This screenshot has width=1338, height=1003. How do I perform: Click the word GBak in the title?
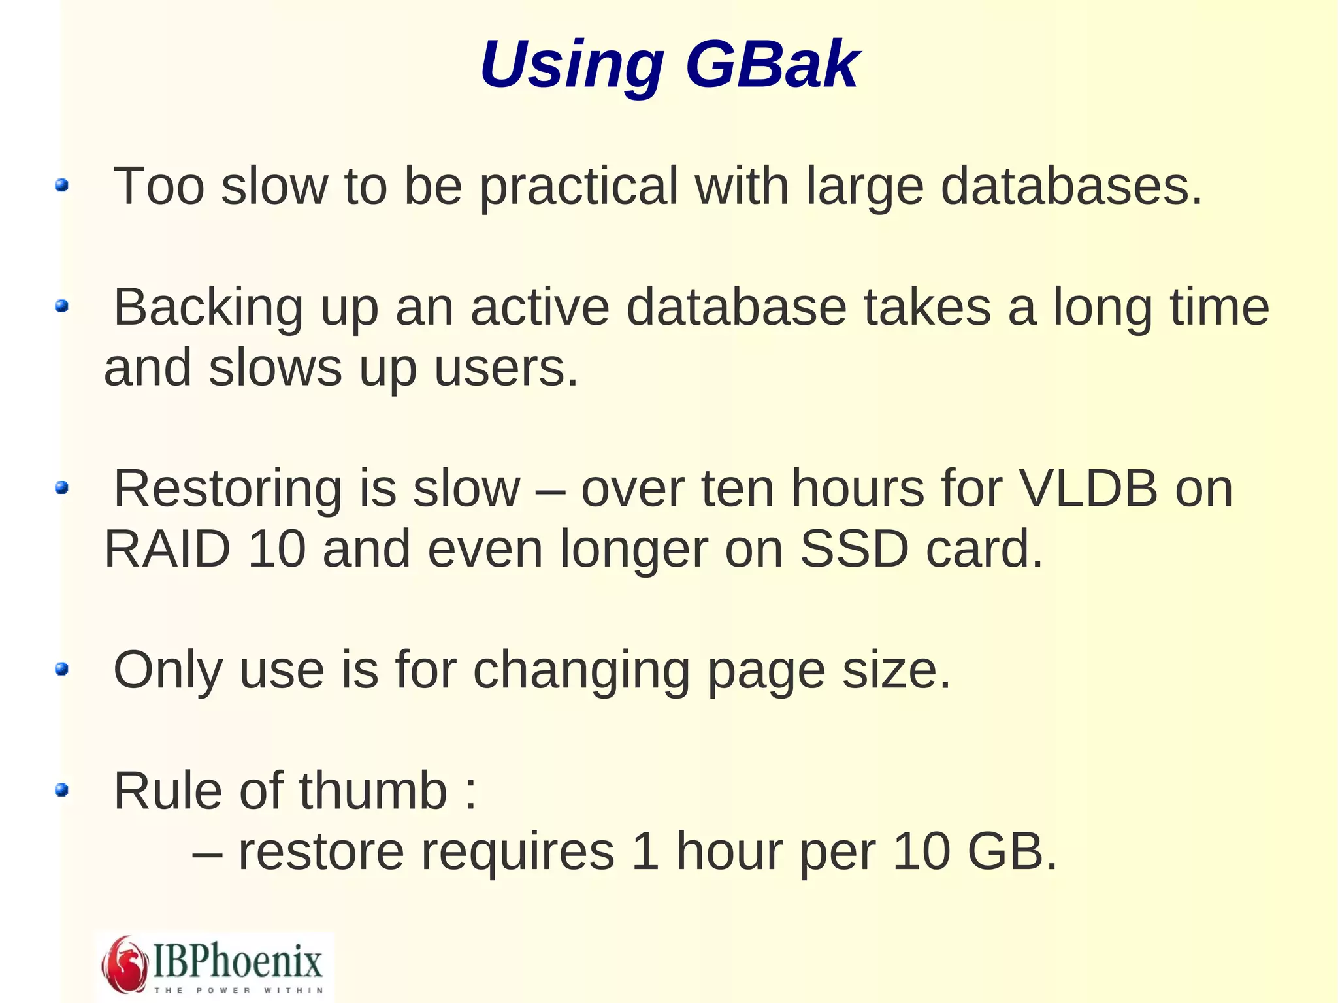pos(772,65)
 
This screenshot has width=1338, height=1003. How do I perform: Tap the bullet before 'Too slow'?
pos(62,186)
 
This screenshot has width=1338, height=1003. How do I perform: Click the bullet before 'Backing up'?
pos(62,306)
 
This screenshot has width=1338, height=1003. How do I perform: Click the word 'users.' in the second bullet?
pos(506,368)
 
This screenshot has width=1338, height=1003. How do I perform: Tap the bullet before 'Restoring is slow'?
pos(62,487)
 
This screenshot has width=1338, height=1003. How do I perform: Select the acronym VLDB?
pos(1088,489)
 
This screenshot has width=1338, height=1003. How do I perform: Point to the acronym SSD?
pos(854,550)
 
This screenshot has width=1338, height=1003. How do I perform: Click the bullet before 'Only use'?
pos(62,668)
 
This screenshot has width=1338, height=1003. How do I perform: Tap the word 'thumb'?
pos(373,791)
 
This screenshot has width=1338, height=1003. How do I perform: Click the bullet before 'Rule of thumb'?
pos(62,791)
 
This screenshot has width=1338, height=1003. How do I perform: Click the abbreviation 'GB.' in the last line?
pos(1012,851)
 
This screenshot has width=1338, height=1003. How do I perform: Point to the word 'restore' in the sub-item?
pos(321,853)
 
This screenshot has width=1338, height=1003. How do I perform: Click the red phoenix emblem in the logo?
pos(124,964)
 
